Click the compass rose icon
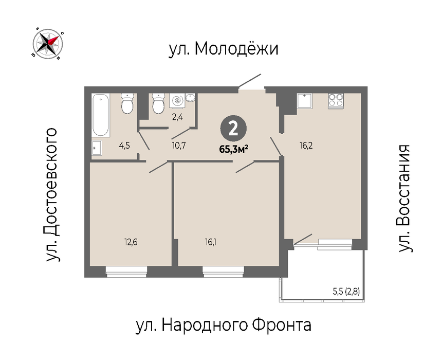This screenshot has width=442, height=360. pyautogui.click(x=48, y=44)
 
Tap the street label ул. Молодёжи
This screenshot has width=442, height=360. pyautogui.click(x=224, y=49)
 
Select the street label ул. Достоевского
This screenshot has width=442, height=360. pyautogui.click(x=51, y=195)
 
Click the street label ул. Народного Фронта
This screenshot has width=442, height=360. pyautogui.click(x=224, y=326)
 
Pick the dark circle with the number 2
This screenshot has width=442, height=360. pyautogui.click(x=233, y=129)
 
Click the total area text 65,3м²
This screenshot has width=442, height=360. pyautogui.click(x=234, y=149)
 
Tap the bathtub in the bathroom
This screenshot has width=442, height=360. pyautogui.click(x=101, y=115)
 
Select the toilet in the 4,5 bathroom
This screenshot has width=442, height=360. pyautogui.click(x=127, y=103)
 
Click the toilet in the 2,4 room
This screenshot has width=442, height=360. pyautogui.click(x=158, y=103)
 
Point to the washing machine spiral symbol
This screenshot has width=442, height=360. pyautogui.click(x=177, y=100)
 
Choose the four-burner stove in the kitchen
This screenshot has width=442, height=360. pyautogui.click(x=336, y=101)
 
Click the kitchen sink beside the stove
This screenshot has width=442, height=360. pyautogui.click(x=305, y=101)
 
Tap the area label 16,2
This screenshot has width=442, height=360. pyautogui.click(x=306, y=146)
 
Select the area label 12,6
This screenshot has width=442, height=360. pyautogui.click(x=131, y=242)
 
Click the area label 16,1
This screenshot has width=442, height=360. pyautogui.click(x=211, y=242)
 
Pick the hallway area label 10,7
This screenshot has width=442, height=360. pyautogui.click(x=179, y=146)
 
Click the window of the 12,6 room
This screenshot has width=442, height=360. pyautogui.click(x=126, y=271)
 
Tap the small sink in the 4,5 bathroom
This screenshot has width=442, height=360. pyautogui.click(x=97, y=148)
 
